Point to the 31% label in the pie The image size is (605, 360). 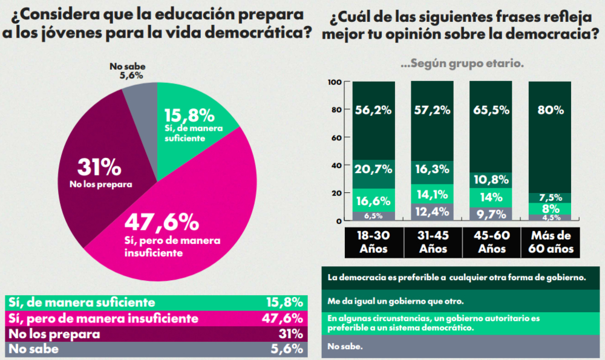(99, 167)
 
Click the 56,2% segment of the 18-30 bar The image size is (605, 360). (373, 111)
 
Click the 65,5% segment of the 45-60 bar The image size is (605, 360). (491, 111)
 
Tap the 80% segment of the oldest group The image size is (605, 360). (550, 111)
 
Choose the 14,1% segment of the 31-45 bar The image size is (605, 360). (432, 194)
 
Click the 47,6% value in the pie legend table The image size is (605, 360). (284, 318)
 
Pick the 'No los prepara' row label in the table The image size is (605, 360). (53, 333)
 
